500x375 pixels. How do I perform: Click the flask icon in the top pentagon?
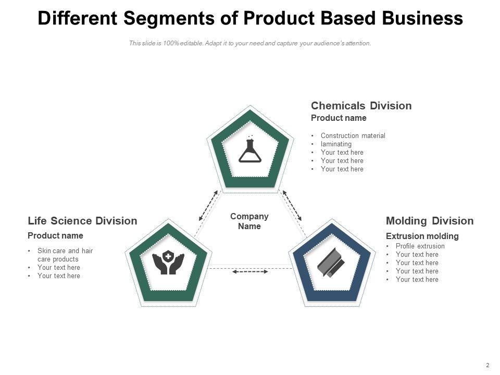pyautogui.click(x=249, y=150)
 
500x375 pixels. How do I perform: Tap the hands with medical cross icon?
pyautogui.click(x=168, y=263)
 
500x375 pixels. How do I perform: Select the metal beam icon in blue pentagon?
pyautogui.click(x=331, y=262)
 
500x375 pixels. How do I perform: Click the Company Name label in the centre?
pyautogui.click(x=249, y=221)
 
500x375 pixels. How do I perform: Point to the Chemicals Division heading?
pyautogui.click(x=361, y=106)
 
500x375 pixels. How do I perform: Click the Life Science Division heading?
pyautogui.click(x=82, y=221)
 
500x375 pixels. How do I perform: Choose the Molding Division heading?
pyautogui.click(x=430, y=221)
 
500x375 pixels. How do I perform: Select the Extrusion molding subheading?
pyautogui.click(x=422, y=236)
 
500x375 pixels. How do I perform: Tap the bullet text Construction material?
pyautogui.click(x=353, y=136)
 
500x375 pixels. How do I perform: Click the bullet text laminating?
pyautogui.click(x=336, y=144)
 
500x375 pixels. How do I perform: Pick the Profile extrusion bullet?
pyautogui.click(x=420, y=246)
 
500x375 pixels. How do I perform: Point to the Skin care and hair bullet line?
pyautogui.click(x=65, y=251)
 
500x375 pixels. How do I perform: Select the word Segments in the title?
pyautogui.click(x=169, y=18)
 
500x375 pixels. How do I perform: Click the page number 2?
pyautogui.click(x=488, y=365)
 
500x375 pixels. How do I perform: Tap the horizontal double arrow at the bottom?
pyautogui.click(x=250, y=271)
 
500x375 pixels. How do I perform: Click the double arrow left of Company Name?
pyautogui.click(x=209, y=205)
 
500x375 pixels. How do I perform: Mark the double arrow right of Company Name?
pyautogui.click(x=292, y=205)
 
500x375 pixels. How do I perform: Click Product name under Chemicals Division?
pyautogui.click(x=339, y=118)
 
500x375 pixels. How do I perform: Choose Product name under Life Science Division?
pyautogui.click(x=55, y=235)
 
